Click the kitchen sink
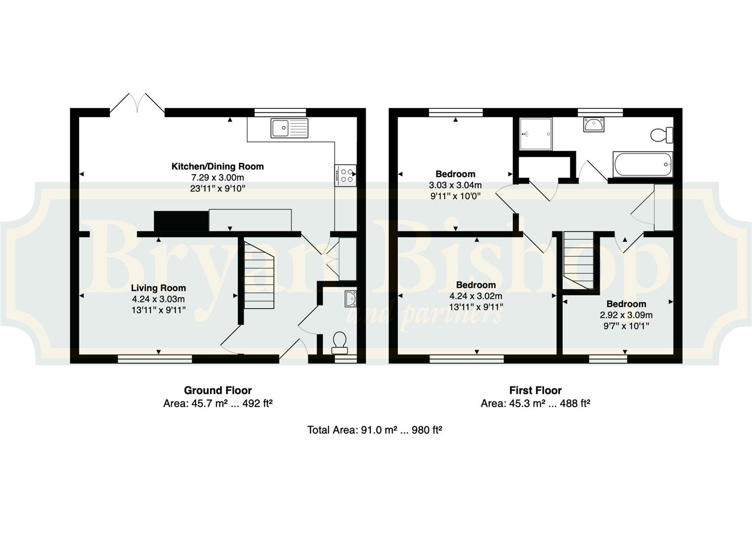point(289,128)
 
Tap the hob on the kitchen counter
point(345,175)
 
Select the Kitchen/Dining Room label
point(218,167)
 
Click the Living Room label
point(159,288)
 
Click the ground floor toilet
point(339,343)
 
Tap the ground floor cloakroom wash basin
point(350,298)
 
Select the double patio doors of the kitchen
point(137,102)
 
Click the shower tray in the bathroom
point(536,134)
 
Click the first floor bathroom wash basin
point(593,125)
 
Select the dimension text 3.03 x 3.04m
point(455,185)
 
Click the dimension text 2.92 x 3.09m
point(626,315)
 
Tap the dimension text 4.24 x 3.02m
point(476,296)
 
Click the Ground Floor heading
point(218,390)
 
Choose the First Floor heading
point(535,390)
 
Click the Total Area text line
point(374,430)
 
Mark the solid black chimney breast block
point(181,221)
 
